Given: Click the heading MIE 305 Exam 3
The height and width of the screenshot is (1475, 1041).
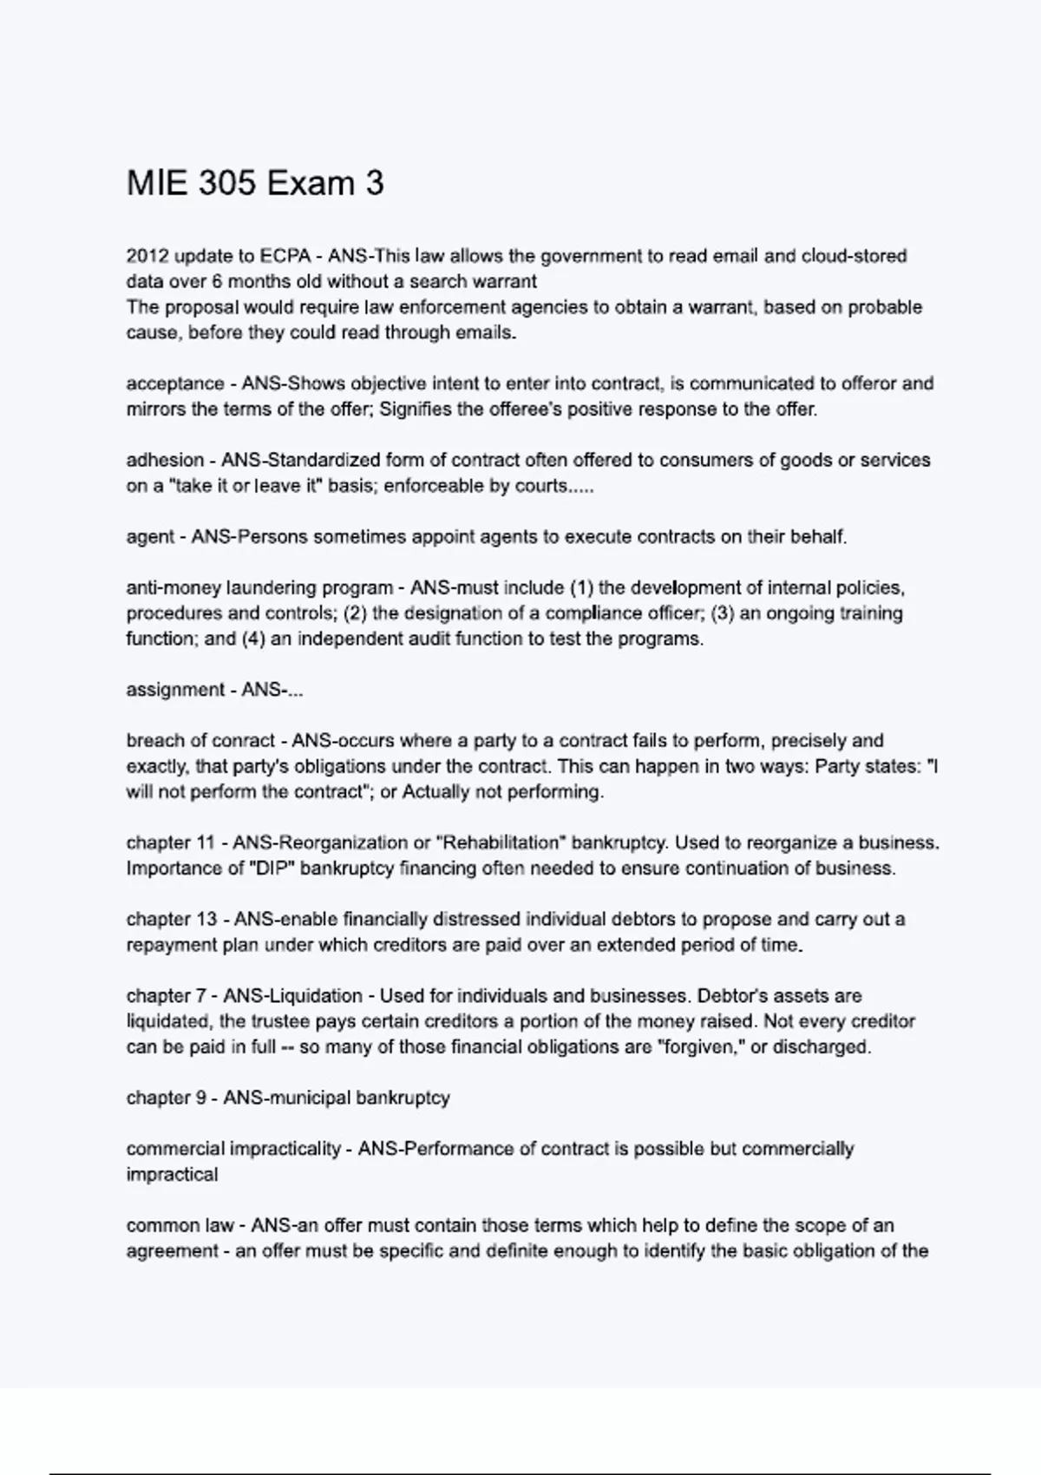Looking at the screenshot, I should coord(255,184).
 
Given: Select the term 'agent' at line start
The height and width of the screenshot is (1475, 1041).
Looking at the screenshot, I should coord(150,537).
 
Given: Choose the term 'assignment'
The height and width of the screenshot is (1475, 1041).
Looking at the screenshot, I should coord(175,690).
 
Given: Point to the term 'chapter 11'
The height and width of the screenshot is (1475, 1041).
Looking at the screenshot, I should coord(170,842).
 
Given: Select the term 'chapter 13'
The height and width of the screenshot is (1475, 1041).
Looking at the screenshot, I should coord(171,919).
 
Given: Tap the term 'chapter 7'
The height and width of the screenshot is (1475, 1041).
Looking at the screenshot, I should coord(166,996).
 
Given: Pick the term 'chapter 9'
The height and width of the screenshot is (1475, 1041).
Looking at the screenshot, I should coord(166,1098).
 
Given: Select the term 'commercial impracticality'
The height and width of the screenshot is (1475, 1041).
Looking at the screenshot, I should coord(233,1149).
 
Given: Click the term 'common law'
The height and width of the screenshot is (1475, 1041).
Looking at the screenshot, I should coord(180,1225).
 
